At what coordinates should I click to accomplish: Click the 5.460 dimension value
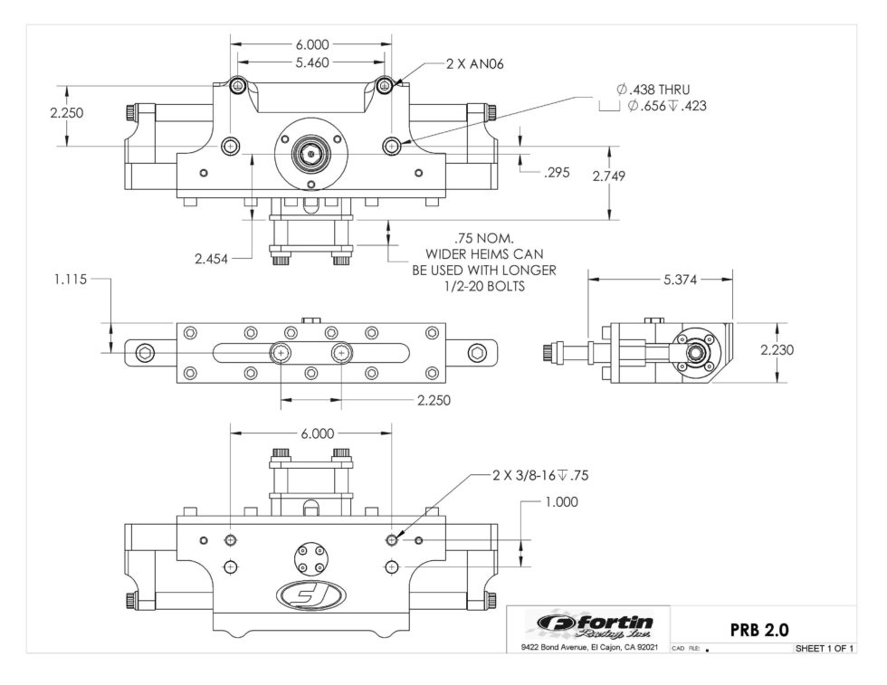(311, 62)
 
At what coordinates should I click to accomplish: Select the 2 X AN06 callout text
(474, 64)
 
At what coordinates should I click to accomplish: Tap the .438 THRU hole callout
(653, 90)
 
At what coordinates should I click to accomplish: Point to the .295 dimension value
(557, 173)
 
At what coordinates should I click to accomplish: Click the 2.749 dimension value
(608, 176)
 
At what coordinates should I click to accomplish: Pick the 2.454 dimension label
(211, 259)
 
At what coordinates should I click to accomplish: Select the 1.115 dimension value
(71, 279)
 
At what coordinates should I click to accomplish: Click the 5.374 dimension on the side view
(680, 280)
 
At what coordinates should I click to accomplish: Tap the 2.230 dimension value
(777, 349)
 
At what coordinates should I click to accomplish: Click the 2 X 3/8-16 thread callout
(540, 475)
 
